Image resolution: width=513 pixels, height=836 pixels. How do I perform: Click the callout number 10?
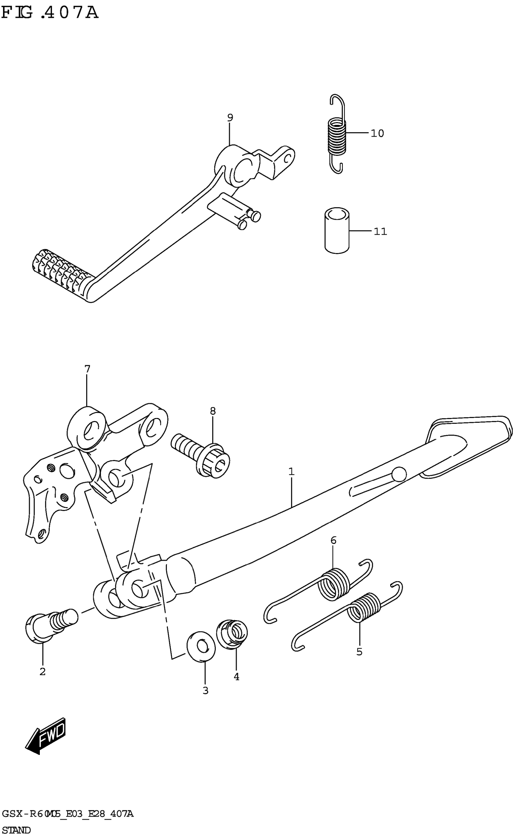(377, 133)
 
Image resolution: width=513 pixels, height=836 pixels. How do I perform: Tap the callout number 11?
(380, 231)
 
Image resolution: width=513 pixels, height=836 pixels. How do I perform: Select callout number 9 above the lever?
(230, 118)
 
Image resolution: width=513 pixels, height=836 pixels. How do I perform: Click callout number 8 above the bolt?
(213, 411)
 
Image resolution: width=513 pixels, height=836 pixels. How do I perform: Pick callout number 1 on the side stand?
(291, 472)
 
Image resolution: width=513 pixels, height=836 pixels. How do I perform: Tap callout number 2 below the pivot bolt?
(43, 671)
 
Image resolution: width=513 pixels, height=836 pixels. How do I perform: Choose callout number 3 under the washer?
(205, 690)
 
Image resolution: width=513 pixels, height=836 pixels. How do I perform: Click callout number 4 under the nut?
(237, 677)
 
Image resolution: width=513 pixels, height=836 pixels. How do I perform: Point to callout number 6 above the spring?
(333, 540)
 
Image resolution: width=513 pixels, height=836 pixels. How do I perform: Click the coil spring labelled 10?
(337, 136)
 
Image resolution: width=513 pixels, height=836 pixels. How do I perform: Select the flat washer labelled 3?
(201, 646)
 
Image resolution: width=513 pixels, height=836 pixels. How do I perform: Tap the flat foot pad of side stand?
(469, 441)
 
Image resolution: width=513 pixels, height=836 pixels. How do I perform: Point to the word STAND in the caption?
(16, 830)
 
